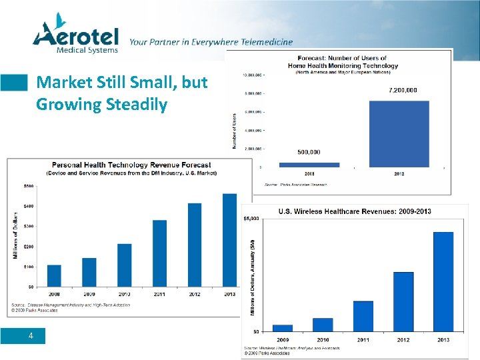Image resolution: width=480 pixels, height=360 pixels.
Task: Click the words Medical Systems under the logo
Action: [x=87, y=49]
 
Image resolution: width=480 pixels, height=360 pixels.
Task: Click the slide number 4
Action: [x=31, y=336]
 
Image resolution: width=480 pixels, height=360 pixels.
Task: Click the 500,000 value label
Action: [x=309, y=152]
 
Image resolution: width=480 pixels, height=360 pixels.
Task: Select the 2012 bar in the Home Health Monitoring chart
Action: [x=399, y=133]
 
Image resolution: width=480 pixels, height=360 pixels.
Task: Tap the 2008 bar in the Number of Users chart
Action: [x=309, y=164]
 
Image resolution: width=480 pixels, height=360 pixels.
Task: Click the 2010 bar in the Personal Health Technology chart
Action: [x=124, y=265]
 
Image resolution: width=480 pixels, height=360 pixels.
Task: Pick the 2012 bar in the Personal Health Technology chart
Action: [x=195, y=244]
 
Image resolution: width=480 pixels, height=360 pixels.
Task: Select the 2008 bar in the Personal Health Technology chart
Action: [x=54, y=275]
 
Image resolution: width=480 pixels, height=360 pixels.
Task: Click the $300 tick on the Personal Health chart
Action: [x=30, y=227]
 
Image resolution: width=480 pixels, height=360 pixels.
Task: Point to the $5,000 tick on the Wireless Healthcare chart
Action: [x=251, y=218]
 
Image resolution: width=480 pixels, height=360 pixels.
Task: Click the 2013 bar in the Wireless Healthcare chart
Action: [x=443, y=281]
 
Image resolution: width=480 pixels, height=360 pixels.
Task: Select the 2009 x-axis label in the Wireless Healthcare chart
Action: [x=283, y=340]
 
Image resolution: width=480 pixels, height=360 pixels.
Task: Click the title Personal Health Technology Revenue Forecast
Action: [x=131, y=165]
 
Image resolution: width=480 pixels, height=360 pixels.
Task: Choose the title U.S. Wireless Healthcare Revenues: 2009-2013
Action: [x=354, y=211]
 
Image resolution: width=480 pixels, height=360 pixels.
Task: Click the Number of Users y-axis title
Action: [x=235, y=131]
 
